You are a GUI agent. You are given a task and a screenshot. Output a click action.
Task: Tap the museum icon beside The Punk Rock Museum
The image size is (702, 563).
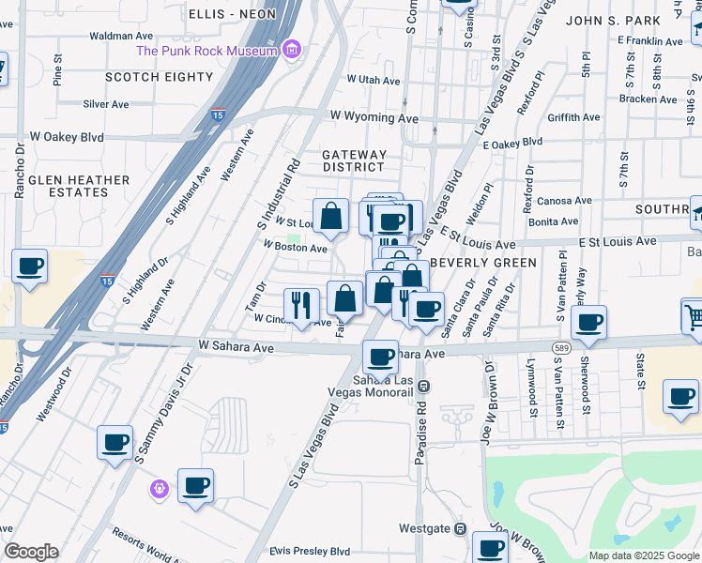point(292,49)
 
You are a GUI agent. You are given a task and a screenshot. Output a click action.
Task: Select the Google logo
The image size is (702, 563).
point(31,552)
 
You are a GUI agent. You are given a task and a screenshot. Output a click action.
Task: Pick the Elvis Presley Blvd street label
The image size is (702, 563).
point(310,552)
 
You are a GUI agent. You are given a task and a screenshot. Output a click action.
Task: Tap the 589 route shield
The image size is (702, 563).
point(561,348)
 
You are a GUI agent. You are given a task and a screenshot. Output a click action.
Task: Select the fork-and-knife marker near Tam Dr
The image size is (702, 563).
point(301,304)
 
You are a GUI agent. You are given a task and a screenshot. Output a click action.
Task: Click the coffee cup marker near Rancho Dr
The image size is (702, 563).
point(29,266)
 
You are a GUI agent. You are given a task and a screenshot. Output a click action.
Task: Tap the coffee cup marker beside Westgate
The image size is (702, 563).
point(490,547)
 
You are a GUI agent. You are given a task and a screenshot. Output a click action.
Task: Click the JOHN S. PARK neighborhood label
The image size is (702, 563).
point(614,19)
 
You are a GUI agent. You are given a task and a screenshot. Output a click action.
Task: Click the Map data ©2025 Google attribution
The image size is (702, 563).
point(643,555)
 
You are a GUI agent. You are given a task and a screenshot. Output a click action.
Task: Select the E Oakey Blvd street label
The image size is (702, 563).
point(512,143)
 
